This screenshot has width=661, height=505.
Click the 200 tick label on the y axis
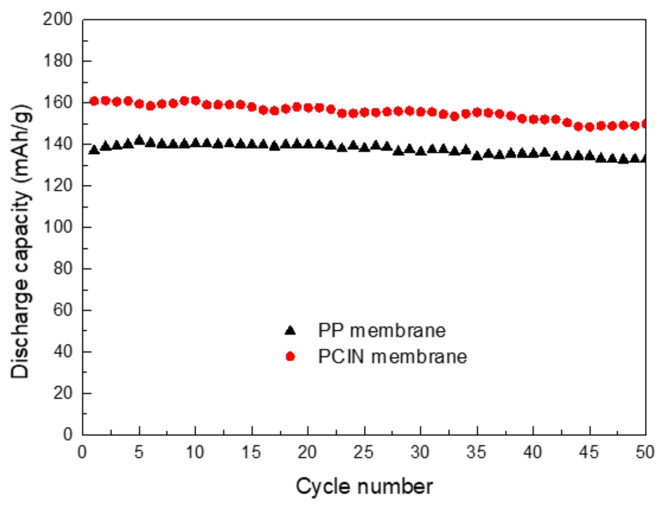[58, 19]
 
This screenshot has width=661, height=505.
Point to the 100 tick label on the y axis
[58, 227]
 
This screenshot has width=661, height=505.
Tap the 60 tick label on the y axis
[63, 310]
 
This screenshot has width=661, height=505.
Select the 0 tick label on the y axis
[68, 434]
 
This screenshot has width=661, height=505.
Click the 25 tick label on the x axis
[363, 452]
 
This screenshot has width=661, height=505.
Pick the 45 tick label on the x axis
[589, 452]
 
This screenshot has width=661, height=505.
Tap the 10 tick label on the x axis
[195, 452]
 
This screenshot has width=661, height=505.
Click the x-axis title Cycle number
[364, 487]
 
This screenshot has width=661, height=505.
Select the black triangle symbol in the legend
[290, 330]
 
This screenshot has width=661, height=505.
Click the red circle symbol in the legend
[290, 357]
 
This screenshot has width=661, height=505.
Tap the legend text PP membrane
[382, 330]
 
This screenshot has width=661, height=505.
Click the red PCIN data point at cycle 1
[94, 101]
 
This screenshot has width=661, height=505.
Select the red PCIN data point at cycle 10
[195, 101]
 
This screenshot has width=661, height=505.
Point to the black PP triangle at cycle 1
[94, 150]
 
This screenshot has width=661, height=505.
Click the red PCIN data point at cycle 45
[589, 127]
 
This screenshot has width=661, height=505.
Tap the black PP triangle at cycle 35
[477, 156]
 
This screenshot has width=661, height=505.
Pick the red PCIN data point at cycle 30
[421, 112]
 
